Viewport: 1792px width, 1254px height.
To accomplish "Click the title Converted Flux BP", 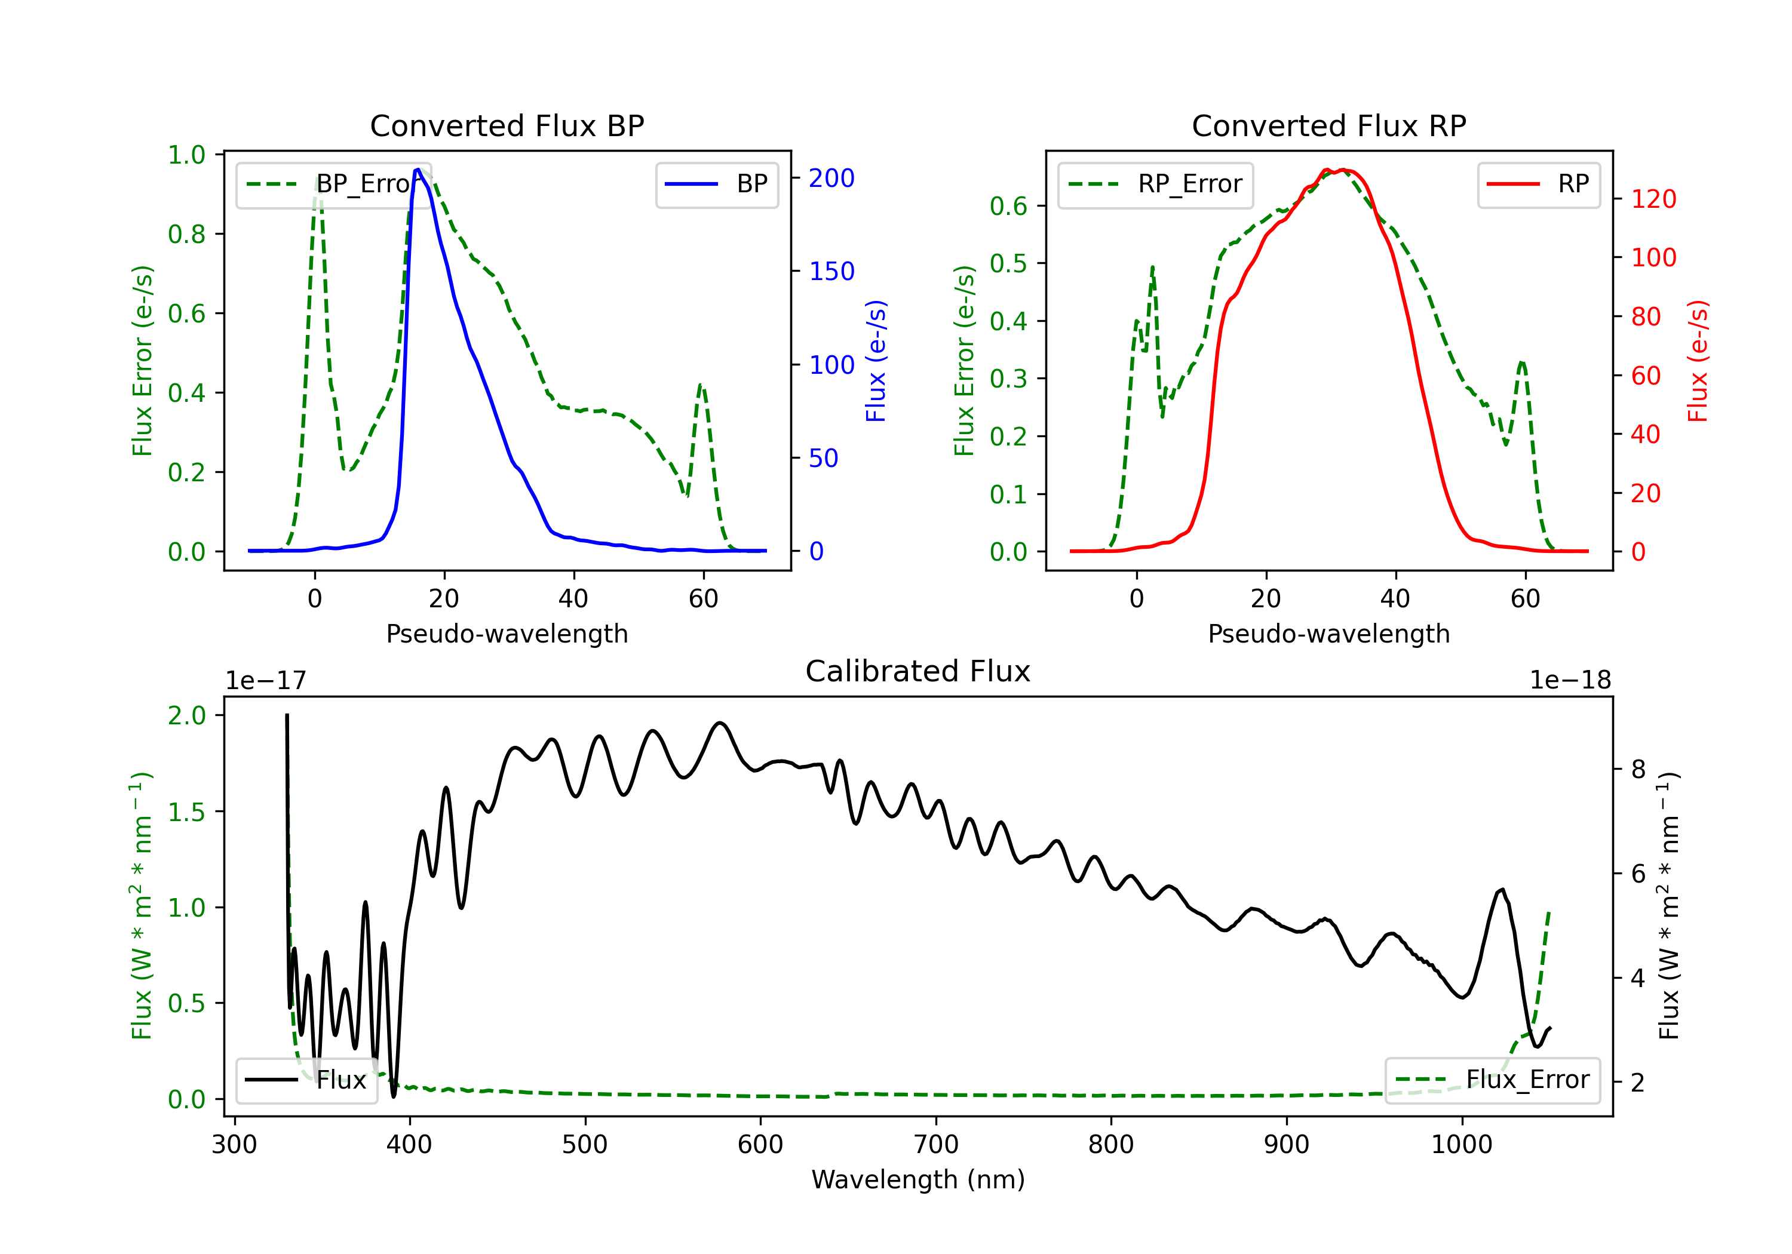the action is coord(507,125).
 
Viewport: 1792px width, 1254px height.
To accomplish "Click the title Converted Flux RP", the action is coord(1328,125).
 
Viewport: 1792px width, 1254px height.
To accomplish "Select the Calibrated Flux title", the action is coord(918,671).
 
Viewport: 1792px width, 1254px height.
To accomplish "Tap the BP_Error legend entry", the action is coord(332,184).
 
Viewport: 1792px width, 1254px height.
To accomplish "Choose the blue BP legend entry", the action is coord(716,184).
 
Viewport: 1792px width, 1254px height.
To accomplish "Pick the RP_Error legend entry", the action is coord(1155,184).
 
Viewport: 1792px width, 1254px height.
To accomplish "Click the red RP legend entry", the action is coord(1538,184).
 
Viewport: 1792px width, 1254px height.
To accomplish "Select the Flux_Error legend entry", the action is coord(1492,1080).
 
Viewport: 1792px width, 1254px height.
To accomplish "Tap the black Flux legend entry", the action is coord(306,1080).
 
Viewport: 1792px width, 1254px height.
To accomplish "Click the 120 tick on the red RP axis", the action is coord(1653,199).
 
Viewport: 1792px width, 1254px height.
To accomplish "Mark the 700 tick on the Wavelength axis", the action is coord(936,1145).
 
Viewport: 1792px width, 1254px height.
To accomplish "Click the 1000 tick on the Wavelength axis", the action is coord(1461,1145).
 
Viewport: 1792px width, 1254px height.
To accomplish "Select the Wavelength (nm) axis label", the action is coord(918,1180).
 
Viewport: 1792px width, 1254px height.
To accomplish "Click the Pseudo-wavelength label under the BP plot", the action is coord(507,634).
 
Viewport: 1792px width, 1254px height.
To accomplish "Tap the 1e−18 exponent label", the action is coord(1570,681).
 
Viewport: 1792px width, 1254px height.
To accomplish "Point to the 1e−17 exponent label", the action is coord(266,681).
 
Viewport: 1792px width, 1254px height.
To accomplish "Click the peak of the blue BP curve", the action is coord(418,170).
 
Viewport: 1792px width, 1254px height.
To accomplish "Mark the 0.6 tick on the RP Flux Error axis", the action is coord(1008,206).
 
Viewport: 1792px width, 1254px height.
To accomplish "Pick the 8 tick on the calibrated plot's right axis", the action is coord(1638,769).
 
